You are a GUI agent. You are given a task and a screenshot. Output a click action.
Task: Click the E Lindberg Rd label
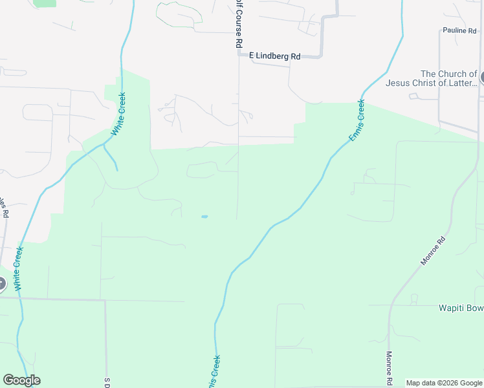click(x=275, y=56)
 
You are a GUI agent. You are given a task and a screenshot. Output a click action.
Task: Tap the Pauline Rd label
click(x=459, y=30)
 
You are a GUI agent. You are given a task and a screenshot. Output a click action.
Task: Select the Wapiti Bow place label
click(x=452, y=308)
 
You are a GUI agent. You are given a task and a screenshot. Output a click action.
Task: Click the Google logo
click(x=21, y=380)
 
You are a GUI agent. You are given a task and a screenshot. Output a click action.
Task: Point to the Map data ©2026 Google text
click(x=444, y=383)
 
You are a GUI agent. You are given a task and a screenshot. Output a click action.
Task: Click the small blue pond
click(x=204, y=217)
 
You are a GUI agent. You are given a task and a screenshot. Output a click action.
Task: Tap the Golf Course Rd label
click(x=239, y=23)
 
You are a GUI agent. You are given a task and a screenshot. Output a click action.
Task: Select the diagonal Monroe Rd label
click(x=434, y=252)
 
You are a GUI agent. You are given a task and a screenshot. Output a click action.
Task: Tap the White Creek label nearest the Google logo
click(x=19, y=268)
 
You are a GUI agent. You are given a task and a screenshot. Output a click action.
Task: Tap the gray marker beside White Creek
click(x=1, y=283)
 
